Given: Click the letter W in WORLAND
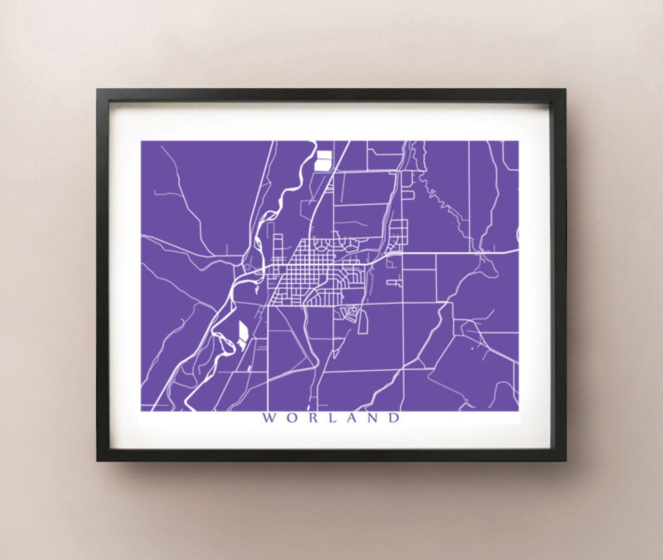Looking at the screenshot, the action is [x=268, y=418].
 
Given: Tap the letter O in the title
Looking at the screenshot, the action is [x=291, y=418].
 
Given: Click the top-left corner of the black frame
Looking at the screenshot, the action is [x=97, y=89].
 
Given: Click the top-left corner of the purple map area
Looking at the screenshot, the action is [x=142, y=141].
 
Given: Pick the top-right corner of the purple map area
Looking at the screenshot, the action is [x=519, y=141].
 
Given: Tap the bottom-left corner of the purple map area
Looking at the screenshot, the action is [x=142, y=411].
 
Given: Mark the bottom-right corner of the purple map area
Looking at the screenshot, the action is [x=519, y=411].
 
